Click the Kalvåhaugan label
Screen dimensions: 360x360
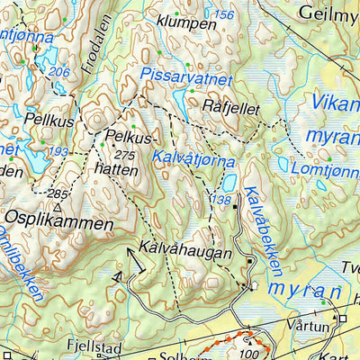click(x=185, y=252)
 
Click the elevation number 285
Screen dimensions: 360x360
click(x=58, y=193)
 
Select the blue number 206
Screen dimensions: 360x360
click(x=60, y=72)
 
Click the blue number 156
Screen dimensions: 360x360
click(x=224, y=16)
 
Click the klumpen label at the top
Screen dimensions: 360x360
click(x=185, y=20)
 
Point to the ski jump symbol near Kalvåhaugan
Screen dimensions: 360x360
click(x=137, y=260)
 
